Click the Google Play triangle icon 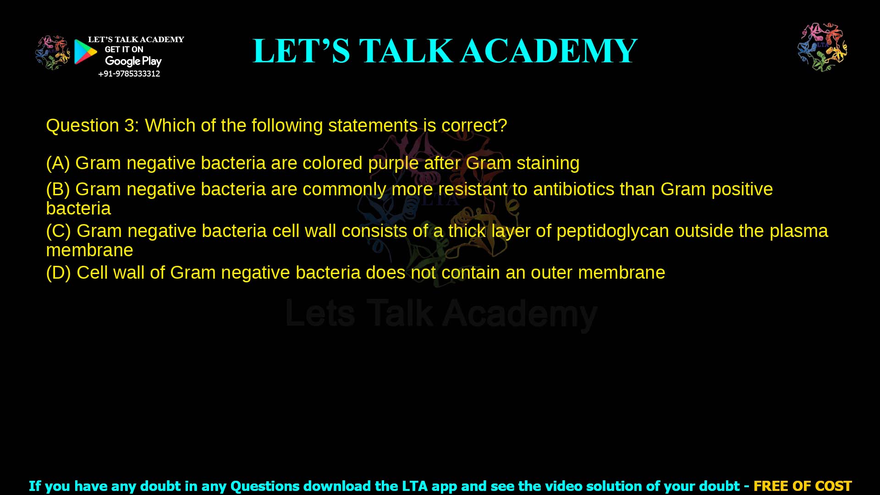pyautogui.click(x=85, y=52)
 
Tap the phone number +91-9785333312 pyautogui.click(x=129, y=74)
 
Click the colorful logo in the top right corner pyautogui.click(x=822, y=47)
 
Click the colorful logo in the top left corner pyautogui.click(x=53, y=52)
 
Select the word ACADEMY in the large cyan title pyautogui.click(x=549, y=51)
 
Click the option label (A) pyautogui.click(x=58, y=163)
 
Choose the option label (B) pyautogui.click(x=58, y=189)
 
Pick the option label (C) pyautogui.click(x=58, y=231)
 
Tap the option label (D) pyautogui.click(x=58, y=273)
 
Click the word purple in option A pyautogui.click(x=393, y=164)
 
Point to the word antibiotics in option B pyautogui.click(x=573, y=189)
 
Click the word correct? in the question pyautogui.click(x=474, y=126)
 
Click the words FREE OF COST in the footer pyautogui.click(x=802, y=486)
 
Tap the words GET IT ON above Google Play pyautogui.click(x=124, y=49)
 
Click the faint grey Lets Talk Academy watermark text pyautogui.click(x=441, y=314)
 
